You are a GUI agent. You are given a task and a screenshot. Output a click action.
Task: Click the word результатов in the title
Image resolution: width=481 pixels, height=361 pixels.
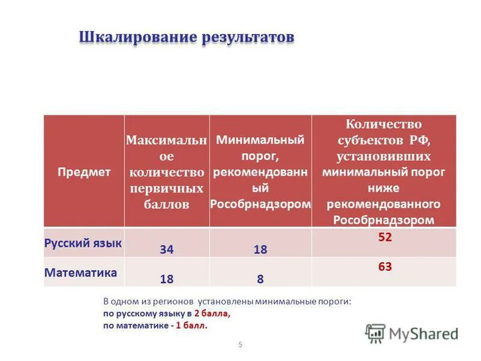[x=247, y=37]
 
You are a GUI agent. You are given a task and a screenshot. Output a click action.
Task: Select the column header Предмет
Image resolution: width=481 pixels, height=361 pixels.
[x=84, y=172]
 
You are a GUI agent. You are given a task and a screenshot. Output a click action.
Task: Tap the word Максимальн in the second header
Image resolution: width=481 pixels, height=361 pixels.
[x=166, y=140]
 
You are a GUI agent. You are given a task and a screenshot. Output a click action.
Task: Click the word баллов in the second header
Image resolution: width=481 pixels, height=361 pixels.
[x=166, y=204]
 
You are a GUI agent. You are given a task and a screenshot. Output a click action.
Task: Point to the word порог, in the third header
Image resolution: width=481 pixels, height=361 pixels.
[x=260, y=156]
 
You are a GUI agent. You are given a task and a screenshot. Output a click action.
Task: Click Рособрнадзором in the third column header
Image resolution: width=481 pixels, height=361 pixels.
[x=260, y=203]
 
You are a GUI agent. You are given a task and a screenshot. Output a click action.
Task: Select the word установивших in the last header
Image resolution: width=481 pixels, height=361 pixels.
[x=384, y=156]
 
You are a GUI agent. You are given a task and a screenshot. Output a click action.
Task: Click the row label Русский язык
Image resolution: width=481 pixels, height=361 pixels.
[x=83, y=243]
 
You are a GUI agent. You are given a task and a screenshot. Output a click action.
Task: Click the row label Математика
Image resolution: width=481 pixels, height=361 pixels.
[x=81, y=273]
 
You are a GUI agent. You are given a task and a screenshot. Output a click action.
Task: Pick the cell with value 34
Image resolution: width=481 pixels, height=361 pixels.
[x=167, y=249]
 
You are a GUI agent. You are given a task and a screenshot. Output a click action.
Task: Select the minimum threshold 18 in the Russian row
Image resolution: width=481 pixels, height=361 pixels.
[x=260, y=249]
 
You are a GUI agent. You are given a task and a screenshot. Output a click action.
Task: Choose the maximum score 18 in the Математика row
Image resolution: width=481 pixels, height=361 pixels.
[x=167, y=279]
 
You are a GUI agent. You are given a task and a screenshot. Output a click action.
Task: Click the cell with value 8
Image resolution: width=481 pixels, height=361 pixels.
[x=260, y=279]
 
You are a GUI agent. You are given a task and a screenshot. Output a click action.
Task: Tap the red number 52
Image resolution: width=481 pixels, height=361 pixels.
[x=385, y=238]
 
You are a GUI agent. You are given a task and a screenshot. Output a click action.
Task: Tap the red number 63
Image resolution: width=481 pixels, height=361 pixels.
[x=385, y=265]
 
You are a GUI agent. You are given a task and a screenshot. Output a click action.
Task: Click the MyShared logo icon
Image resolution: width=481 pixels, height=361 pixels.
[x=375, y=333]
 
